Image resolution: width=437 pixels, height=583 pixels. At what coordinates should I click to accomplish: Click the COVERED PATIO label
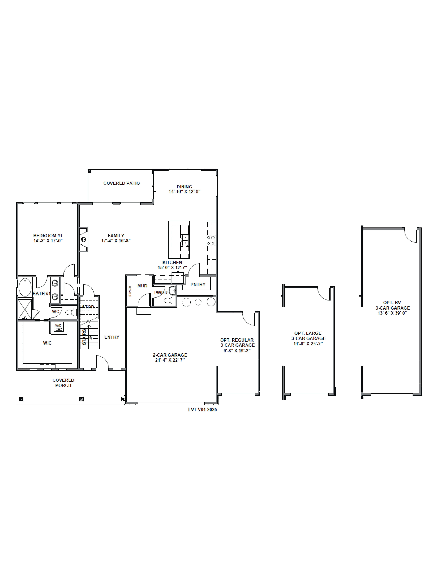(x=121, y=183)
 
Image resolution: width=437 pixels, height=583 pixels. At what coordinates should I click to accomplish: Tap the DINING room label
(x=184, y=187)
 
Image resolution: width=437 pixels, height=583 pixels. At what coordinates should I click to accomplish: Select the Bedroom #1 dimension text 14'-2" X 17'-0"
(x=48, y=241)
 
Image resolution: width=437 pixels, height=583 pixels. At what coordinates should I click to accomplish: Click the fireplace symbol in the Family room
(x=83, y=239)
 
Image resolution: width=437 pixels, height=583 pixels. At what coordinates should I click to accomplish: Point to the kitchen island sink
(x=185, y=240)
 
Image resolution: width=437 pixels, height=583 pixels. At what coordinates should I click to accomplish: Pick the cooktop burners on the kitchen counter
(x=211, y=240)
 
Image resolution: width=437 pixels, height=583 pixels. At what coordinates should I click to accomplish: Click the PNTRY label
(x=198, y=284)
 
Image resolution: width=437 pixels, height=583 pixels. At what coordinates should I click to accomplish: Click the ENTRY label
(x=112, y=337)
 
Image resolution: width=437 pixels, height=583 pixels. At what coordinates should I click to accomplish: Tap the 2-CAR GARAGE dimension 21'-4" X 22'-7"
(x=170, y=360)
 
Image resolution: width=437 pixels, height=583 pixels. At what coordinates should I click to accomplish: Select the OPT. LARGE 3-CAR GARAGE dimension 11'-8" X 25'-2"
(x=308, y=344)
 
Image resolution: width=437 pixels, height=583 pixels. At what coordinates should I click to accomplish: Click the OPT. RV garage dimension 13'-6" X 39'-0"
(x=392, y=313)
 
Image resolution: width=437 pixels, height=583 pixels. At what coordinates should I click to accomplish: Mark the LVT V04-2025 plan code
(x=203, y=410)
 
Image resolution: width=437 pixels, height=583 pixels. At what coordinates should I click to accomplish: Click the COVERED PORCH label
(x=63, y=383)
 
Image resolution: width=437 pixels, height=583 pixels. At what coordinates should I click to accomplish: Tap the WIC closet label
(x=47, y=343)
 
